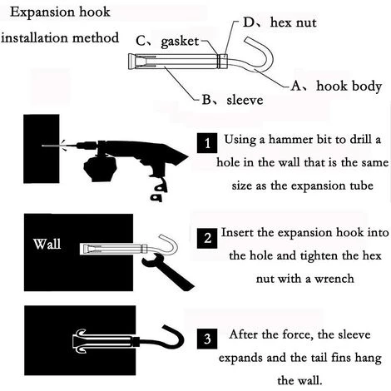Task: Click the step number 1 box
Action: click(x=207, y=143)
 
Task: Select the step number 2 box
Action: click(x=207, y=238)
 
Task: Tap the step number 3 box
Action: click(x=207, y=339)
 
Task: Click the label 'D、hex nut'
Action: click(x=280, y=22)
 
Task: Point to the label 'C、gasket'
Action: click(x=167, y=42)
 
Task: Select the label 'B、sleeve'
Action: click(x=232, y=100)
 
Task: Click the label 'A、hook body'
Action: click(x=336, y=86)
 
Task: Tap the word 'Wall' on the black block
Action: click(x=47, y=244)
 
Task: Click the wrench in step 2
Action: click(x=166, y=272)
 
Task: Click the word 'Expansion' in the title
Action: click(x=43, y=12)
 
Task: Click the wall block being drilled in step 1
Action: click(x=42, y=149)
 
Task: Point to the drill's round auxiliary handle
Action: click(x=100, y=169)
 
